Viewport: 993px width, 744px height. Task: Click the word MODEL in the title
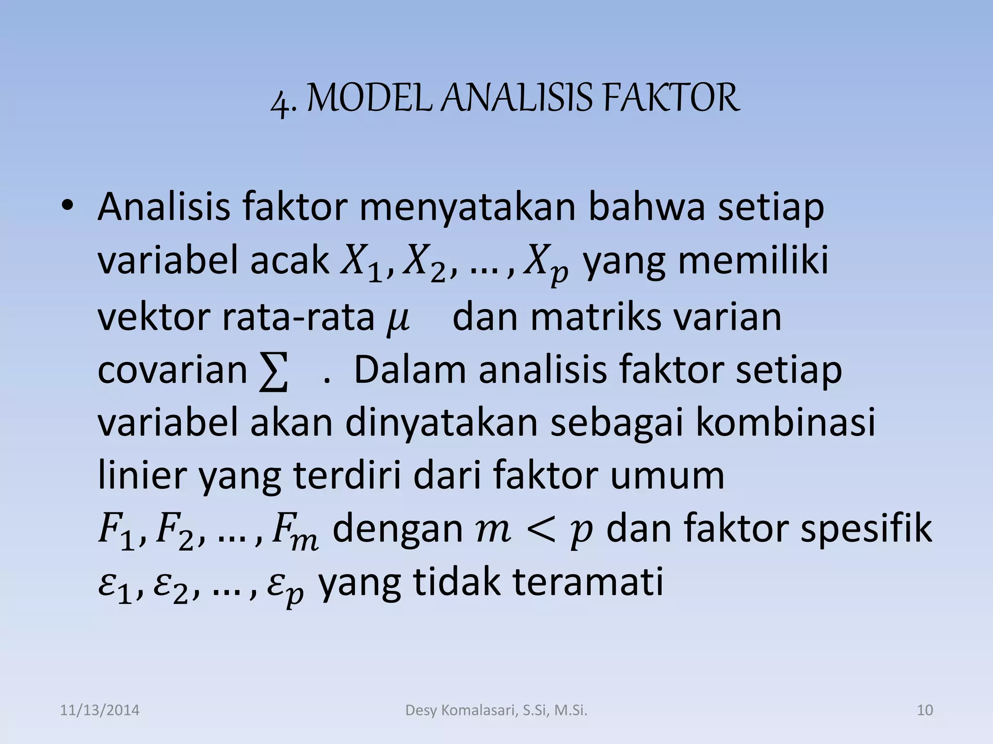point(369,99)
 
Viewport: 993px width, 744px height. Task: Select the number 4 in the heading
point(280,103)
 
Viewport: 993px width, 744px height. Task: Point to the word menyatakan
point(467,208)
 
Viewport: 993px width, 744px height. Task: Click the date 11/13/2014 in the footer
point(99,711)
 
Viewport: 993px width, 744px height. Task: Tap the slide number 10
point(925,711)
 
